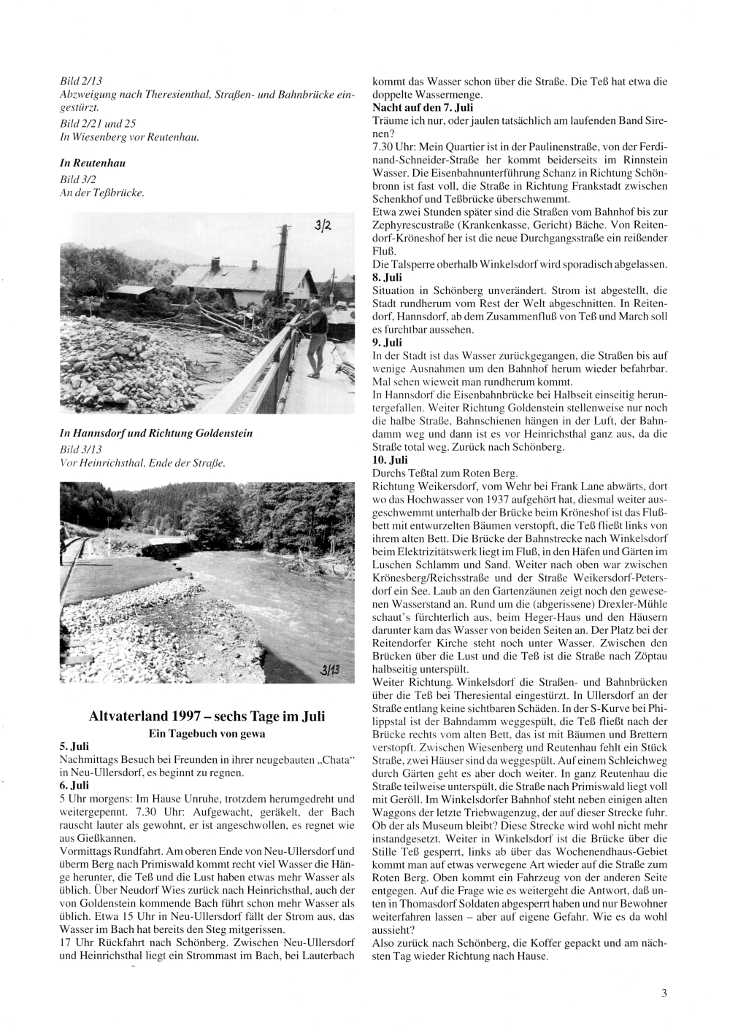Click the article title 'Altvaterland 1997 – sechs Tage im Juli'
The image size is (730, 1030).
click(207, 716)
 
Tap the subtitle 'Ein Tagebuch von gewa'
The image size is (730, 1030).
click(207, 733)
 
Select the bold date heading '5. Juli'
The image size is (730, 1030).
click(73, 748)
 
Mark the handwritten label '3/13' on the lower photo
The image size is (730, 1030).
click(329, 671)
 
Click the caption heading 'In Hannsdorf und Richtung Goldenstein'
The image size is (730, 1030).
click(155, 433)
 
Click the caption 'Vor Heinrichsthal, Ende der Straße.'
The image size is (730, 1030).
click(142, 463)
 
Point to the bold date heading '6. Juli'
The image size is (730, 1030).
click(73, 786)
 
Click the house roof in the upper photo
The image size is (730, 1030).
click(226, 276)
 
